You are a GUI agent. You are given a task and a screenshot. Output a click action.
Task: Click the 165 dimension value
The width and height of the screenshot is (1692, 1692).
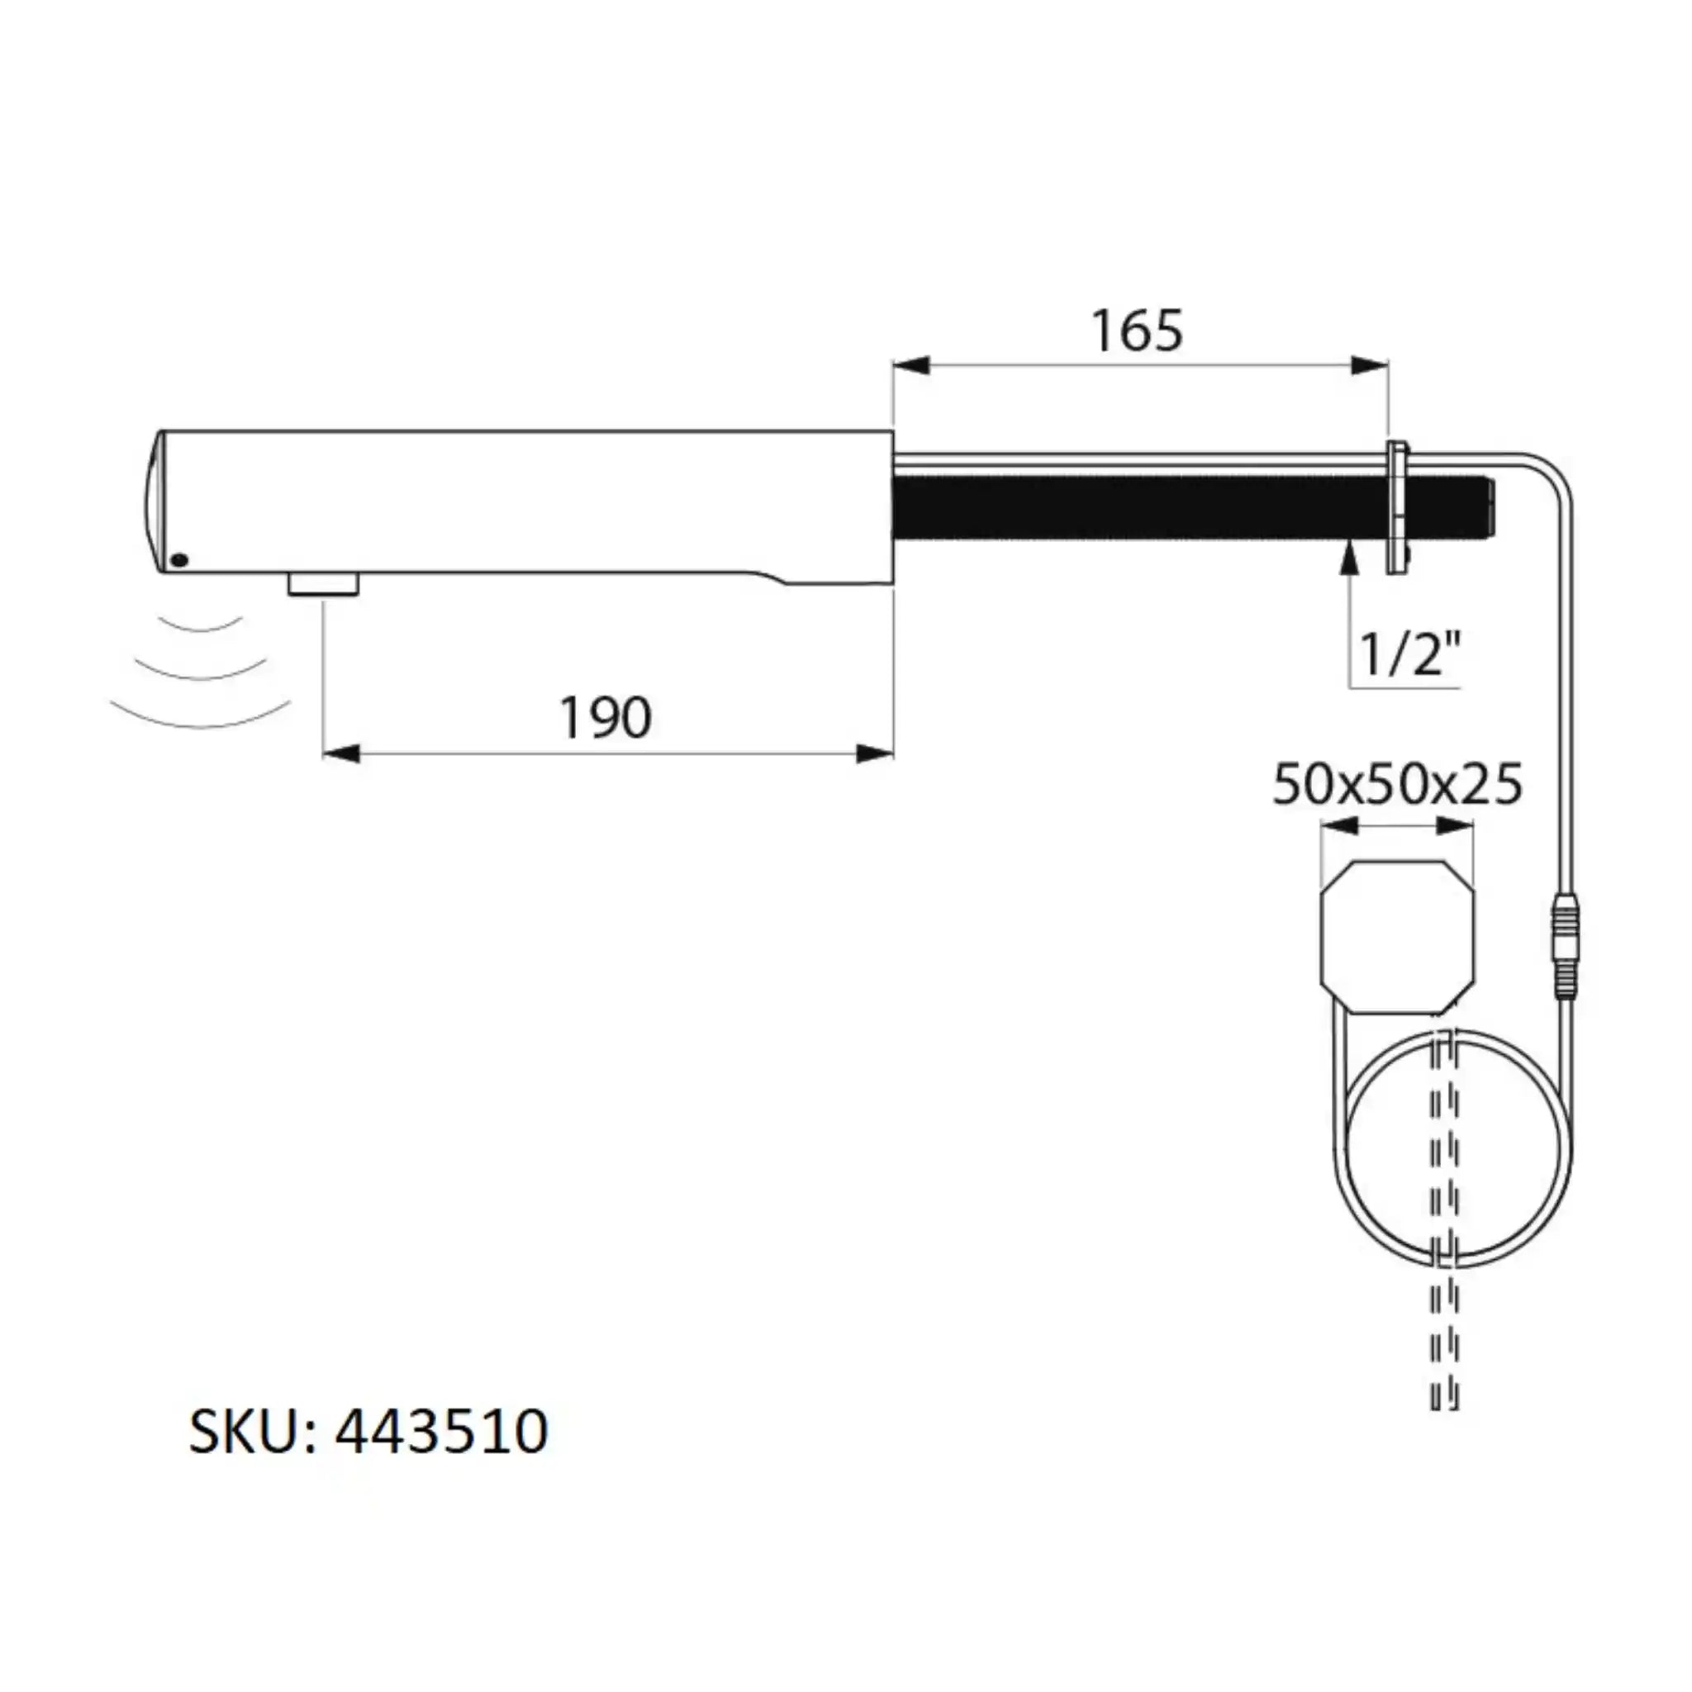(x=1137, y=332)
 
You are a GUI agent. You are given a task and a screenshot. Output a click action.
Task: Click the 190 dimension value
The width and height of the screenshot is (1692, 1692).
(x=605, y=718)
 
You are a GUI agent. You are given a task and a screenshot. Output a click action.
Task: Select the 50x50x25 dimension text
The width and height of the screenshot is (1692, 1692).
(x=1397, y=785)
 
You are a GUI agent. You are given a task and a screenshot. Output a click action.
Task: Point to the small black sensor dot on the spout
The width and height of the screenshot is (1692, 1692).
(x=178, y=559)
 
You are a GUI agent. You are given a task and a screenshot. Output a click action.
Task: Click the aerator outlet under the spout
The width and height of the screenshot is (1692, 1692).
(x=324, y=584)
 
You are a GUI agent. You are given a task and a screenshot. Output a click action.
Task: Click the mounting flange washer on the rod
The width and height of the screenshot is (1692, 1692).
(x=1398, y=508)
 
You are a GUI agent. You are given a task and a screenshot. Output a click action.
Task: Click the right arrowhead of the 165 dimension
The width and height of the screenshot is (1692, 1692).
(x=1370, y=366)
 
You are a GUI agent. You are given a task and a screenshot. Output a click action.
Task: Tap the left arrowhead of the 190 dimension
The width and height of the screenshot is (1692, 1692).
(x=341, y=753)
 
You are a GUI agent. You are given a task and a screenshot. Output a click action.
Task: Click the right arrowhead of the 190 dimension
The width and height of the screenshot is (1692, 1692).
(x=875, y=753)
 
